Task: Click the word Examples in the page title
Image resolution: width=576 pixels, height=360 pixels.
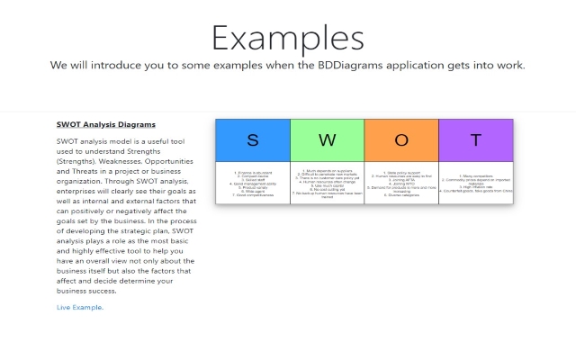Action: tap(287, 38)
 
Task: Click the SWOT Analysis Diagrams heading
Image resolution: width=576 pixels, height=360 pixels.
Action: tap(106, 124)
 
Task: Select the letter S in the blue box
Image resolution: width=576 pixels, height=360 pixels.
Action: tap(253, 140)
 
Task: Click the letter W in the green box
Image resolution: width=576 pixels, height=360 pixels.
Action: tap(327, 140)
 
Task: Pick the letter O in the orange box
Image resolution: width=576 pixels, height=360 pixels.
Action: tap(401, 140)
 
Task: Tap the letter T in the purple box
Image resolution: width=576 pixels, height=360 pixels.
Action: tap(475, 140)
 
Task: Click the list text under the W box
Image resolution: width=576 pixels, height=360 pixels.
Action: tap(327, 184)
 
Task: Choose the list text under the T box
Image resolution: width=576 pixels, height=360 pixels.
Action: tap(475, 184)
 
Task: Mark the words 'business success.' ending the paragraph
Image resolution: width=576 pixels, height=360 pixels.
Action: tap(88, 291)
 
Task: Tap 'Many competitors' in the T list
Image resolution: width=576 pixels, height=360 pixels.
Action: tap(475, 176)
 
